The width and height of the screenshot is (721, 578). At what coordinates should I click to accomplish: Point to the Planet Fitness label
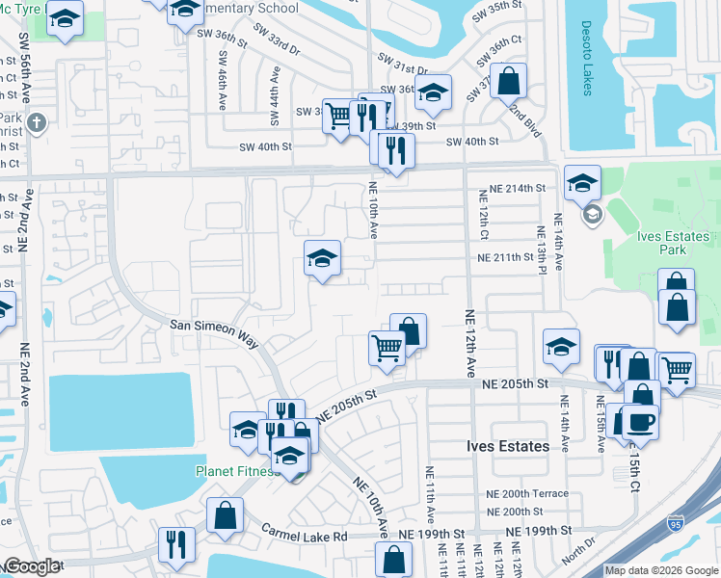pyautogui.click(x=235, y=471)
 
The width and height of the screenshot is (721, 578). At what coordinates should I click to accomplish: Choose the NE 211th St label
pyautogui.click(x=506, y=257)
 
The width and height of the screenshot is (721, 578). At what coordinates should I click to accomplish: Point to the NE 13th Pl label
pyautogui.click(x=543, y=247)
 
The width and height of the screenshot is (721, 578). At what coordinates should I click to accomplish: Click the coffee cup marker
pyautogui.click(x=640, y=421)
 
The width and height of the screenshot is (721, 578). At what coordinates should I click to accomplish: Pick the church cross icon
pyautogui.click(x=36, y=122)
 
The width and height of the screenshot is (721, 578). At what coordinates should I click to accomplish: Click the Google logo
pyautogui.click(x=31, y=566)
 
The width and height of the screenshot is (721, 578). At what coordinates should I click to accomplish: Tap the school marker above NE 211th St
pyautogui.click(x=323, y=257)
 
